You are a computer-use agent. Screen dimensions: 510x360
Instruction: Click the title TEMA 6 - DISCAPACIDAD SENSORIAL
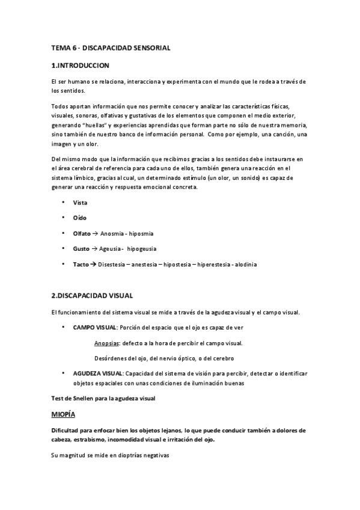coord(111,48)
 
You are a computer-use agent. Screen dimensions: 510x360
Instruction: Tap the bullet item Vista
coord(80,203)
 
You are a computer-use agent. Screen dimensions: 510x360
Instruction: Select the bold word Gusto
coord(82,248)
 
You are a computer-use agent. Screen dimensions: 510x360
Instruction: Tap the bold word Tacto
coord(81,264)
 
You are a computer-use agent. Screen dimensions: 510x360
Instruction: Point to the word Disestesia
coord(112,264)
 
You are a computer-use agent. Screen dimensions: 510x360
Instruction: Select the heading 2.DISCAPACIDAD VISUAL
coord(92,296)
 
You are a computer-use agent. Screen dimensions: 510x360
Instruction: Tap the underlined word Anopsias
coord(106,343)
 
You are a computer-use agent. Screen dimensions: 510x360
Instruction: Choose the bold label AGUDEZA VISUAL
coord(98,373)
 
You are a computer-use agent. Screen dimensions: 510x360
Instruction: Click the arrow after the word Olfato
coord(96,233)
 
